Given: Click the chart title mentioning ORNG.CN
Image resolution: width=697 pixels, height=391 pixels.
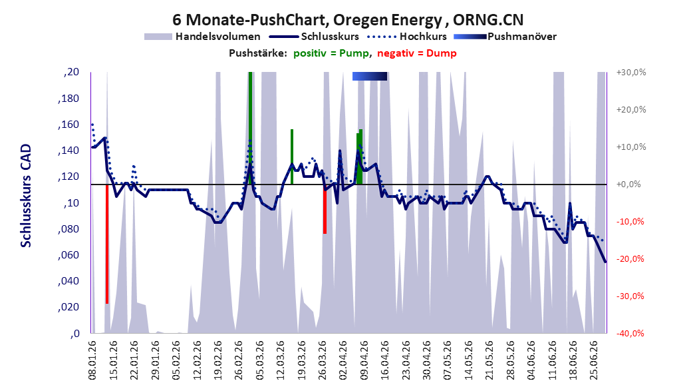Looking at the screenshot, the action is click(348, 19).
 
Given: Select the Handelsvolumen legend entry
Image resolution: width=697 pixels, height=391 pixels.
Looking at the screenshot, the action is click(202, 37).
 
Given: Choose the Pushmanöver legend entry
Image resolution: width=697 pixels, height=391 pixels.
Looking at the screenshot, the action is click(505, 37).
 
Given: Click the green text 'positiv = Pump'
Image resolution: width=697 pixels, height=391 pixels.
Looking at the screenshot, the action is click(331, 53).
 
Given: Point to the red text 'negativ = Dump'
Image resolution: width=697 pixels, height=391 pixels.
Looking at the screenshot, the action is click(417, 53).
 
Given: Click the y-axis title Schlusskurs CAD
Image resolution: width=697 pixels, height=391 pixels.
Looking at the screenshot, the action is click(26, 196).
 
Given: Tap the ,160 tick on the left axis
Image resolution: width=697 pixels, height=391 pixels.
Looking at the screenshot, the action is click(69, 125).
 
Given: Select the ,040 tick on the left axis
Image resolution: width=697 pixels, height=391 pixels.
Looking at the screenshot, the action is click(69, 281).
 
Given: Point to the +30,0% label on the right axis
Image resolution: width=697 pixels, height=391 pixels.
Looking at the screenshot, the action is click(631, 72).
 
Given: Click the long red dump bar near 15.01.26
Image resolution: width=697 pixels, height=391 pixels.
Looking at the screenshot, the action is click(107, 244).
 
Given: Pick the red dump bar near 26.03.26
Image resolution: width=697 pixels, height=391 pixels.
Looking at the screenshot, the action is click(325, 209).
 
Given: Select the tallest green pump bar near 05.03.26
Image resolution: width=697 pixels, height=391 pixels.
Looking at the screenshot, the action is click(250, 129).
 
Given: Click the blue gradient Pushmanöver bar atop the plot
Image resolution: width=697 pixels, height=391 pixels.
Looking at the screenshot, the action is click(370, 76).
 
